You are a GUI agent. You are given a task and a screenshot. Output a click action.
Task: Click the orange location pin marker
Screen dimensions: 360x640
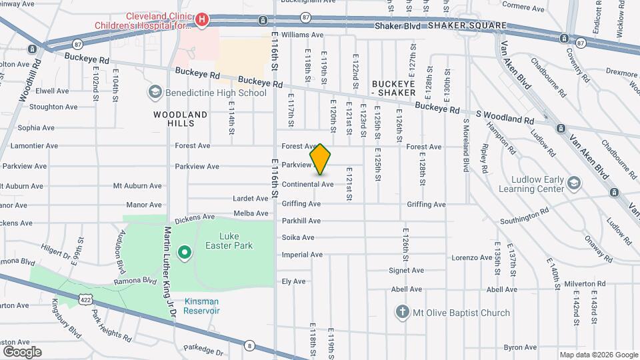320,159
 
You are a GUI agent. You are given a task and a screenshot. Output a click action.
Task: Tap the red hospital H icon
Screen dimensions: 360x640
201,21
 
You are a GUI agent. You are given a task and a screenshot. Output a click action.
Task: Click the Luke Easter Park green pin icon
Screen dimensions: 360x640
184,253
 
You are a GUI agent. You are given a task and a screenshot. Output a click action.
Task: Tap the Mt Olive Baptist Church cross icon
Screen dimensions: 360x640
401,312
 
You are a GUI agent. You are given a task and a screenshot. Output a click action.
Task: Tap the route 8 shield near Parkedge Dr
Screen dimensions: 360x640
249,345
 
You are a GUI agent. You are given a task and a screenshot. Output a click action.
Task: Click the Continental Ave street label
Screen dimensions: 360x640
307,184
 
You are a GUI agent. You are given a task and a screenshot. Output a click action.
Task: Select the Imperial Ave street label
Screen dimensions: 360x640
302,255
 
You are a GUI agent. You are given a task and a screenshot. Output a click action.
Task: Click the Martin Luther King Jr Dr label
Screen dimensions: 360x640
169,273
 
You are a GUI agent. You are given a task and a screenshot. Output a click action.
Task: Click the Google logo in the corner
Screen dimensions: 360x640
22,351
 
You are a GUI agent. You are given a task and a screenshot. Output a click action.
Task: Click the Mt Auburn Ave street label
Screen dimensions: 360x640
137,186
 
